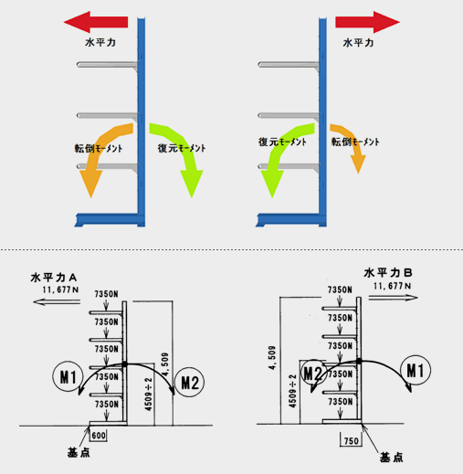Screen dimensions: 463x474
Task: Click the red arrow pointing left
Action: pos(96,22)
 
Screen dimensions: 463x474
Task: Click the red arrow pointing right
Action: pos(367,22)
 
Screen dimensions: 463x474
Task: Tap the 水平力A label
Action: pos(54,278)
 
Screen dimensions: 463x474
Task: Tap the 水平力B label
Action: pos(388,273)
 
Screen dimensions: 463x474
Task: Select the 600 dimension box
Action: pos(99,436)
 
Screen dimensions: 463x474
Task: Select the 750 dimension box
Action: pos(351,440)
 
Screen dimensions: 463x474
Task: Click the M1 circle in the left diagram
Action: pos(68,376)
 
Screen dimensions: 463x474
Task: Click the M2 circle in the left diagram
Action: pos(189,382)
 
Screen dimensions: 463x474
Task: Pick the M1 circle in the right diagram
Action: pos(416,370)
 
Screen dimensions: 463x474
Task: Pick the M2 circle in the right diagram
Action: pos(314,374)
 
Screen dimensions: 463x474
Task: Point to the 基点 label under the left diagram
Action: pos(79,453)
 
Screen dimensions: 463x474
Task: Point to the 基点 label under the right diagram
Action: pos(392,458)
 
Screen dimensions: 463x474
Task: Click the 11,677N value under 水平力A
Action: pos(60,290)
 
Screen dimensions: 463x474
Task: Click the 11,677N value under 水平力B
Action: pos(392,286)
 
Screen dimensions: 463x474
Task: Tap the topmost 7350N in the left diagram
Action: pos(106,294)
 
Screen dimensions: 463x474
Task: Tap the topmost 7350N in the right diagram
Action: pos(340,290)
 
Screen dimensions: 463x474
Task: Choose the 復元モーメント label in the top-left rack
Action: pos(182,148)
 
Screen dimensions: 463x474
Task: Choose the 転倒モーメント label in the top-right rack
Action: pos(355,142)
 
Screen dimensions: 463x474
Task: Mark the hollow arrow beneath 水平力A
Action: pos(57,302)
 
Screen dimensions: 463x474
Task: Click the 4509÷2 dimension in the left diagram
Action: pos(148,395)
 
